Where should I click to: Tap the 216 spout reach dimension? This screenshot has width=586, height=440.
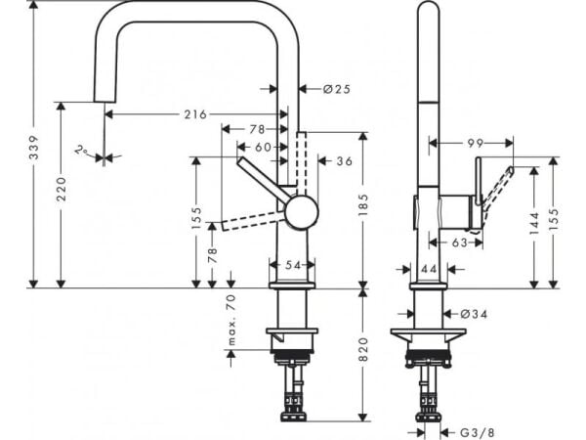coord(195,114)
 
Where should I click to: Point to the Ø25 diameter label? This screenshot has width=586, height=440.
coord(336,89)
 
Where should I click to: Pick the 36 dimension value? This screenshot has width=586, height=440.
coord(344,161)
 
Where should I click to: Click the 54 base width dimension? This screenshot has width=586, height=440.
coord(293,265)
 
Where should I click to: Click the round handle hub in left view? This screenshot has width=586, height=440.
coord(301,211)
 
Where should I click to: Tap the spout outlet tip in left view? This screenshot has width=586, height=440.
coord(103,97)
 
